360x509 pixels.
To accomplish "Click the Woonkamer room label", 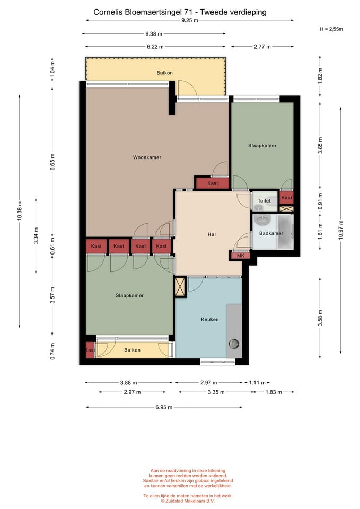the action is [147, 157].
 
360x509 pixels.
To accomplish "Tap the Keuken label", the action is [210, 319].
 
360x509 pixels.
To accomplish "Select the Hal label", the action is [212, 234].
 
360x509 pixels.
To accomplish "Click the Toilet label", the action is [264, 201].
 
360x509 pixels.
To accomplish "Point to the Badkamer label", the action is [271, 233].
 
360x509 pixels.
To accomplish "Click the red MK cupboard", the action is [240, 256].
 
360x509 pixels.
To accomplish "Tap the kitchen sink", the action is [234, 344].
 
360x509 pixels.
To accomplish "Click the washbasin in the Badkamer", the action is [262, 220].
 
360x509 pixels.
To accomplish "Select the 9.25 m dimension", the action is [190, 20].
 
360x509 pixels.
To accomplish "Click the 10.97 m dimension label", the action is [340, 230].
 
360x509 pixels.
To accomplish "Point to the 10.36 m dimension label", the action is [20, 211].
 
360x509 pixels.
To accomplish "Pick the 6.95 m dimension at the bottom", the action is [164, 407].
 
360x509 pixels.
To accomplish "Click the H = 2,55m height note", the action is [331, 29].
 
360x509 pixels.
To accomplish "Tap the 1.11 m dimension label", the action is [258, 383].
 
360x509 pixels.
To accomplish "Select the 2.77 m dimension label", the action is [262, 47].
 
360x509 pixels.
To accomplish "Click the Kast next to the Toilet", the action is [287, 198].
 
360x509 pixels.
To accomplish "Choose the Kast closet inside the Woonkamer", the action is [213, 183].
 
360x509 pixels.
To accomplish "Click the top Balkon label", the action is [164, 73].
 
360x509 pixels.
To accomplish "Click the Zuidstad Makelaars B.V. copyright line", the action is [188, 501].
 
